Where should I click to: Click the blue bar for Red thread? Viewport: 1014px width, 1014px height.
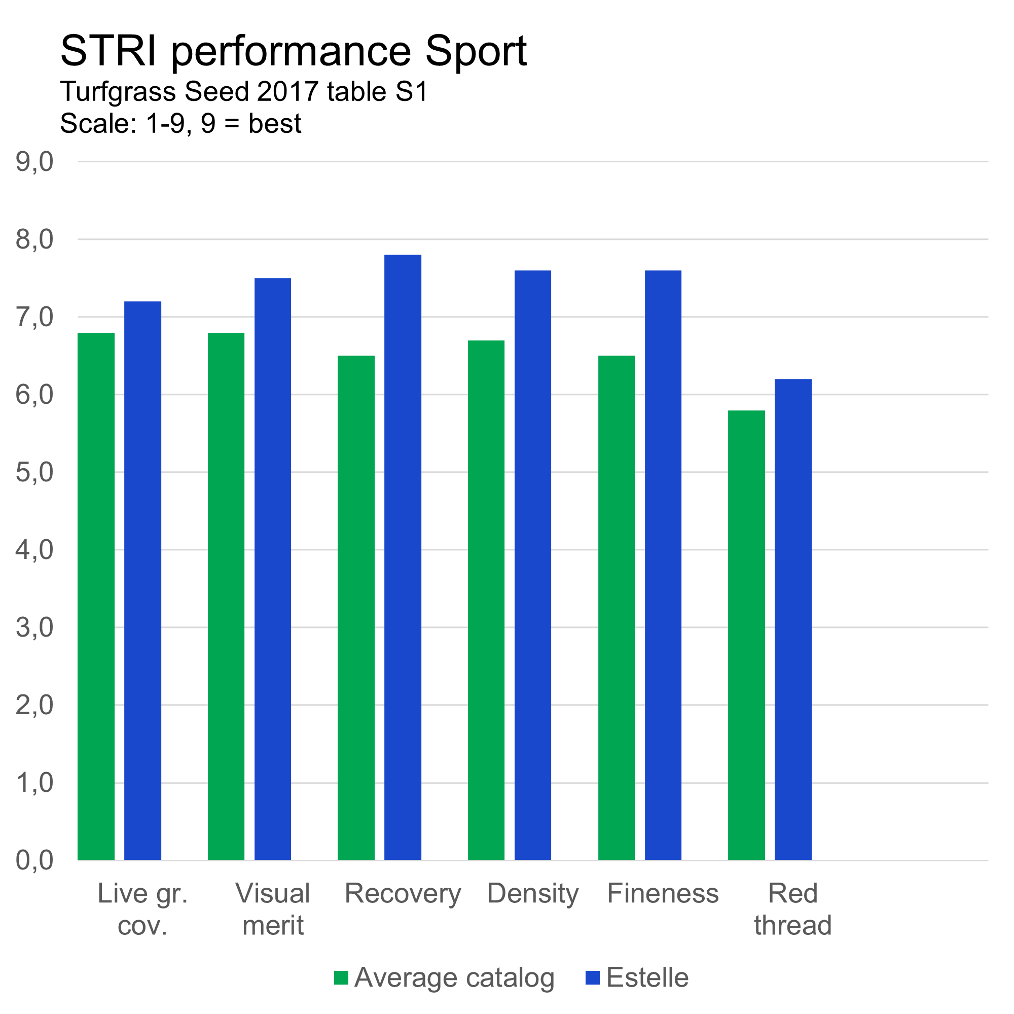793,619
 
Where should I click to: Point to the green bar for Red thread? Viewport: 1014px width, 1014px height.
746,635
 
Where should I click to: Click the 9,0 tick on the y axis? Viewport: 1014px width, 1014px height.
34,162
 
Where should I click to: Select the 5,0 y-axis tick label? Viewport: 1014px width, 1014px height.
34,473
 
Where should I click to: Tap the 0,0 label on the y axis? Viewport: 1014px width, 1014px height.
34,861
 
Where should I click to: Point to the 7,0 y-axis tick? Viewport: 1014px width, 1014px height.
34,317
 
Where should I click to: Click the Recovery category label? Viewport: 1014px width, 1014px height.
403,894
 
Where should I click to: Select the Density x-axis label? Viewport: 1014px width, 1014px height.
533,894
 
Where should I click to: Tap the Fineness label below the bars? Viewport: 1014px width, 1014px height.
663,894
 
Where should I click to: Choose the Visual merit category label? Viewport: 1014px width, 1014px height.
273,910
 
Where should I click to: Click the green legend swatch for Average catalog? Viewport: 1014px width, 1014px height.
341,978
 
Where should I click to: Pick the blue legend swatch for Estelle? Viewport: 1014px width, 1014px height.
593,978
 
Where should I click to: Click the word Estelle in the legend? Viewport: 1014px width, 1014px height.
647,978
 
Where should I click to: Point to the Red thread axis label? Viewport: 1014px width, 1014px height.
792,910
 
